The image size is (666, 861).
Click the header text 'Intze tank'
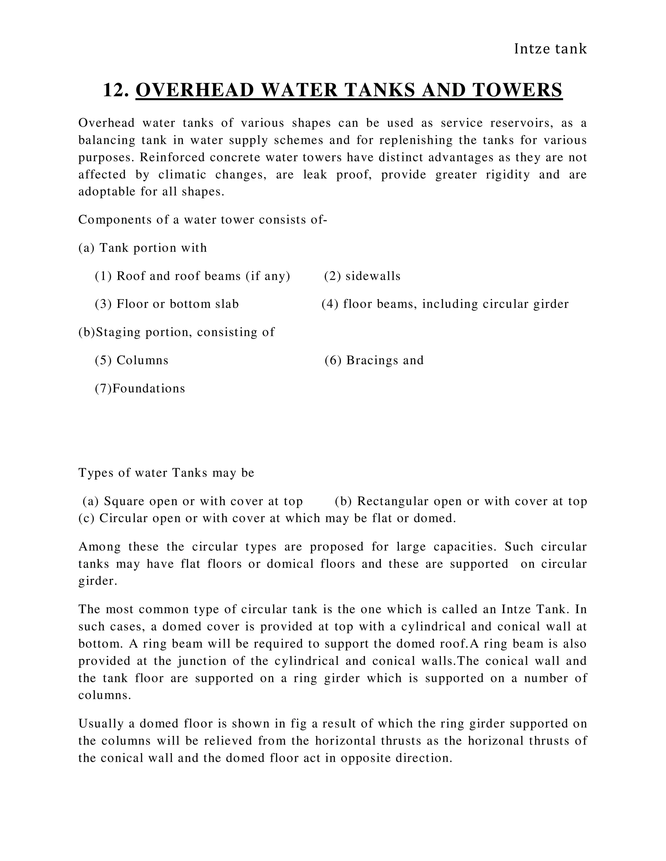(x=550, y=49)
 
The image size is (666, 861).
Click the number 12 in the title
(x=115, y=90)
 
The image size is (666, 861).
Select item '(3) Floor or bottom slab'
(x=166, y=304)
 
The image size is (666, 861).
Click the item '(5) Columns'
(x=131, y=360)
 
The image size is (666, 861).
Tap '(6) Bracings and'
(x=374, y=360)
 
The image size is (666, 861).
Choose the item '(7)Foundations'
(x=140, y=388)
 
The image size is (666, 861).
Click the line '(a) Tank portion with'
(x=142, y=248)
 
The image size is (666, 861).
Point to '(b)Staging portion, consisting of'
(x=176, y=332)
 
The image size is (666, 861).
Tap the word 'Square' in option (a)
(x=124, y=501)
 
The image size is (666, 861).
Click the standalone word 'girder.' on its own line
(x=98, y=581)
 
